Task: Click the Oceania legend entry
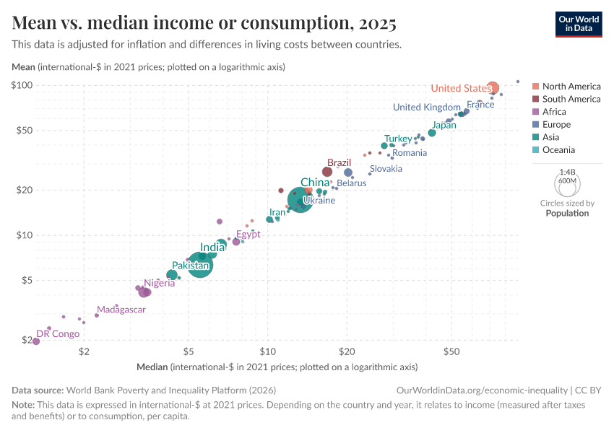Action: (x=558, y=150)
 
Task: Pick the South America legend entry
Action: (x=571, y=99)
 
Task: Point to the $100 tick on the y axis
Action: (x=23, y=85)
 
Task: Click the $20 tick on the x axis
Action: (x=346, y=351)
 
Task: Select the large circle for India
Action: (x=201, y=264)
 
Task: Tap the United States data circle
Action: (x=493, y=88)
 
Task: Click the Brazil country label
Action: (x=339, y=163)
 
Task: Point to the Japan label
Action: (x=444, y=125)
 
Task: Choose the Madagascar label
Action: (x=121, y=310)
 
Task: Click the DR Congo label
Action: (x=58, y=333)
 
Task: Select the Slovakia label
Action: (x=386, y=168)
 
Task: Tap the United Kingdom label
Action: (x=426, y=107)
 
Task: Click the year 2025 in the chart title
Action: (x=375, y=24)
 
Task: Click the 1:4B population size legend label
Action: (x=568, y=172)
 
